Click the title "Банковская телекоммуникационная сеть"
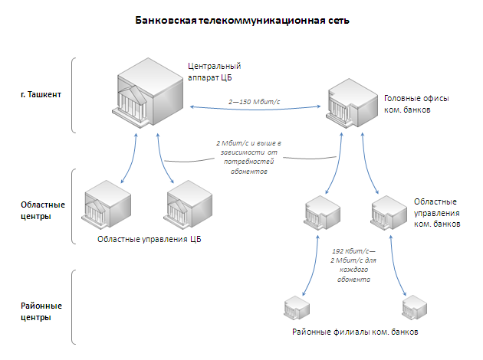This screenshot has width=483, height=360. click(x=242, y=21)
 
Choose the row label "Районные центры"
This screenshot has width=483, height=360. click(x=41, y=311)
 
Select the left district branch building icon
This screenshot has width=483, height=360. click(x=297, y=308)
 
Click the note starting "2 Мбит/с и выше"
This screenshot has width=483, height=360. click(x=240, y=158)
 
